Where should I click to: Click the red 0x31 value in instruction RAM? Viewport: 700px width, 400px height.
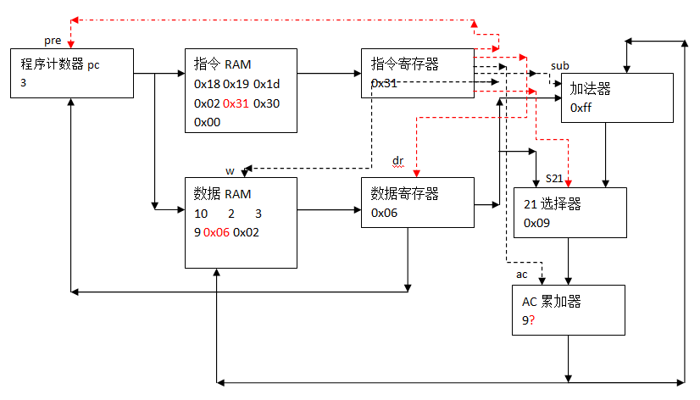coord(236,103)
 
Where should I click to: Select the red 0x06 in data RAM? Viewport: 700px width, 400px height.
coord(216,232)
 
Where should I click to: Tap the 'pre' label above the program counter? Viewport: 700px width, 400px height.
coord(53,41)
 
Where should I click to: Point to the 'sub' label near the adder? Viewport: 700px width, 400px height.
coord(560,65)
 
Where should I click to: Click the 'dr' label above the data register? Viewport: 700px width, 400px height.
coord(397,161)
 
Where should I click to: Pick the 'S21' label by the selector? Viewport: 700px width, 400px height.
coord(554,179)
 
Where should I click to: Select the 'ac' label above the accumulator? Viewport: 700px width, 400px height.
coord(521,275)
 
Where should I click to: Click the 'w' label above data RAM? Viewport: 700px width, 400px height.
coord(230,171)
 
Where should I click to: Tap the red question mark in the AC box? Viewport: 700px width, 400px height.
coord(531,320)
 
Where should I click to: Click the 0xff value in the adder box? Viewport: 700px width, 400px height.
coord(581,108)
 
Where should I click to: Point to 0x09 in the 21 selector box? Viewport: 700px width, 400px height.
coord(536,223)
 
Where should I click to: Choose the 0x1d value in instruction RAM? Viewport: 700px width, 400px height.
coord(266,84)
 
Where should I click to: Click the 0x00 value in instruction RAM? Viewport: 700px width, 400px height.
coord(207,122)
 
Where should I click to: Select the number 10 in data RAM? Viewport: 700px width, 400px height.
coord(201,214)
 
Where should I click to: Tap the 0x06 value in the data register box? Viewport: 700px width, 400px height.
coord(384,213)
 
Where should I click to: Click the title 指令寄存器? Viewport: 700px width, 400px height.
coord(404,64)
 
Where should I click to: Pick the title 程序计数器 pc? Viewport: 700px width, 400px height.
coord(60,64)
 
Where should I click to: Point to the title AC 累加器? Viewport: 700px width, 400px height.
coord(552,302)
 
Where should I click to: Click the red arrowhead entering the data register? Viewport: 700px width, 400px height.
coord(416,174)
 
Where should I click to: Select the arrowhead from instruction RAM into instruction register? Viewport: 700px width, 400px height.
coord(358,73)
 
